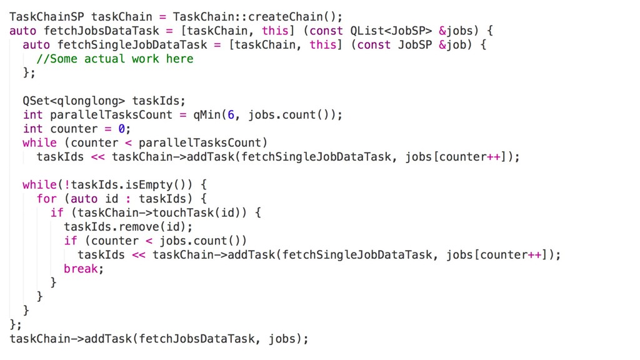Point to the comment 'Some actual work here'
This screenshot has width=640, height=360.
115,59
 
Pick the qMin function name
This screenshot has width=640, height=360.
207,115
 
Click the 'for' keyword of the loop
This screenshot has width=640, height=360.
47,199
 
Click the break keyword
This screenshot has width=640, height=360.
81,269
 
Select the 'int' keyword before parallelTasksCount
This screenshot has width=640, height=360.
32,115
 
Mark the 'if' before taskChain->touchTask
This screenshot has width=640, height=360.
57,213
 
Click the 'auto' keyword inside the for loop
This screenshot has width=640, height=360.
84,199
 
